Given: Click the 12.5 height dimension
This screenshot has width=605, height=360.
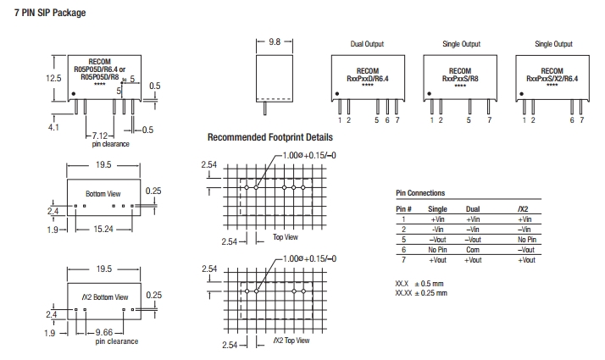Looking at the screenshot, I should (x=53, y=77).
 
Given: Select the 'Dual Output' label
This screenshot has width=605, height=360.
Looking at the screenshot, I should (x=367, y=43).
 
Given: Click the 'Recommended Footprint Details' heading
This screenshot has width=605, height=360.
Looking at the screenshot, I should (x=270, y=137).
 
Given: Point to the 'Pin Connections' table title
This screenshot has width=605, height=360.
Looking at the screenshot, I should (x=420, y=194).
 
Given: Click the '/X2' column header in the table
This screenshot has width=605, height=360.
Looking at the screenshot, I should (x=525, y=208).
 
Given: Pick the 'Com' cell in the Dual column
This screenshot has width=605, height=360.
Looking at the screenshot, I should (x=473, y=251).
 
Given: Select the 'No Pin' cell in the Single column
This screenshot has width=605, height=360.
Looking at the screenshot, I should (x=438, y=251).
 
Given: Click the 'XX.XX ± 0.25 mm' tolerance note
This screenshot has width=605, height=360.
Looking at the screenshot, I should (x=421, y=293).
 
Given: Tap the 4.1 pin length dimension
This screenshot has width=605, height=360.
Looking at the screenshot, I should (x=53, y=127).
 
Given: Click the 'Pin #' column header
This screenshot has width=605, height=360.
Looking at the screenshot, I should (x=403, y=208).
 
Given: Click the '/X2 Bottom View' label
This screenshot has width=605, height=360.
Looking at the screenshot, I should (x=104, y=297).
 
